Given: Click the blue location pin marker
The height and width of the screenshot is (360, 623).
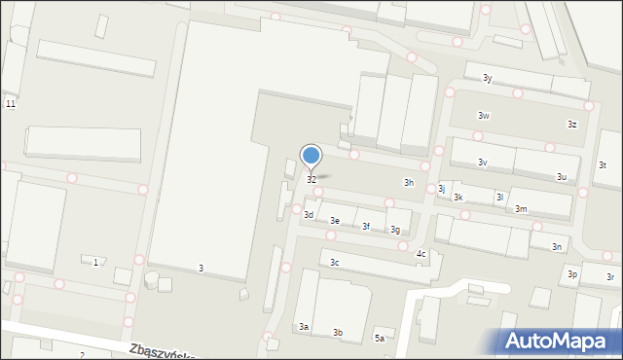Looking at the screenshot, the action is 311,156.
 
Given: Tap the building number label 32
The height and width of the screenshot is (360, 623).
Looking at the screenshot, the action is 311,180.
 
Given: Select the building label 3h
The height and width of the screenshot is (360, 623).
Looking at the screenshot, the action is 409,183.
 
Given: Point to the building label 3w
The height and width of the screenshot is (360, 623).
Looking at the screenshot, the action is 483,116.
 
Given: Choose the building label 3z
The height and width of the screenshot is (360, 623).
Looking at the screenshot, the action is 572,125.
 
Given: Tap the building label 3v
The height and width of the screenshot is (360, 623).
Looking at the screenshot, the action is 482,162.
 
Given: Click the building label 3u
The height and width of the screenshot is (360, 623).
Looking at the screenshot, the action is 562,177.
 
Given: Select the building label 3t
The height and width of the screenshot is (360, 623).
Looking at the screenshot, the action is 603,165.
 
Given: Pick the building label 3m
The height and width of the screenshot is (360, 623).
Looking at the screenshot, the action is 521,209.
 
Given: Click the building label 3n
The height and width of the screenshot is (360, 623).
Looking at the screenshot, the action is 557,247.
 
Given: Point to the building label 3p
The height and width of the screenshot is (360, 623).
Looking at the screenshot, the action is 573,275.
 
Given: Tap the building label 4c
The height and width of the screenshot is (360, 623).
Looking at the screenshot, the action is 421,254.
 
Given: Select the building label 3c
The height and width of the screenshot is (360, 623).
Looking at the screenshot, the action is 334,263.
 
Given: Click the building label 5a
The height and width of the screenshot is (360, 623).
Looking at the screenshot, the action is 380,339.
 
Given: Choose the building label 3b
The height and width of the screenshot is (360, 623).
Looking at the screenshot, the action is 338,333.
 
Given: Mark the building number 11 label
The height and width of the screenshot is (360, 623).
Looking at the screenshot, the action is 10,104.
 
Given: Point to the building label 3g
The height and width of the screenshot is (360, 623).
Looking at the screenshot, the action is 395,231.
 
